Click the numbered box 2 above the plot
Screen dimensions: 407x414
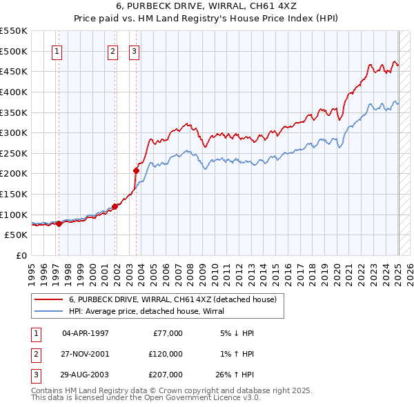(112, 50)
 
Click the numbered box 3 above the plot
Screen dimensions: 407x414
(134, 50)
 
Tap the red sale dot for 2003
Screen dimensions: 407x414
(137, 170)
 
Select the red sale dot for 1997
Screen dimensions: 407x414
(59, 224)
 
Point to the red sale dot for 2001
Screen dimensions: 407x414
(115, 206)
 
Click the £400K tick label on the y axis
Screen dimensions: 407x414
(14, 92)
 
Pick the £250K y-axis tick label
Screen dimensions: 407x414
(14, 153)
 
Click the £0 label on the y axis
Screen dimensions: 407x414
(21, 255)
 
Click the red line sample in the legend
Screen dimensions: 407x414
(48, 299)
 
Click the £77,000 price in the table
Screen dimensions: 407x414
(166, 333)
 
